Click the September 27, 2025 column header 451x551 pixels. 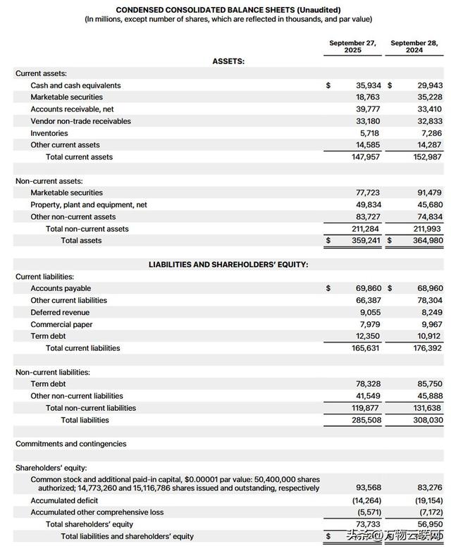[352, 47]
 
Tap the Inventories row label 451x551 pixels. [49, 133]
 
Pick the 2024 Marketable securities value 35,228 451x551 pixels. [429, 97]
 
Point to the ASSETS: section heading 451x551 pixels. [228, 61]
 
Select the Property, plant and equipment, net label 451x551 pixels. [89, 204]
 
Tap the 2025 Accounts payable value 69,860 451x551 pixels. [366, 288]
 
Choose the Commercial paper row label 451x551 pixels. [61, 324]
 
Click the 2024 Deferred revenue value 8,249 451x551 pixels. [431, 312]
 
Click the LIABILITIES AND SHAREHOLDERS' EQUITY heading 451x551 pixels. [228, 264]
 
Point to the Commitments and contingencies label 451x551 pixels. [71, 444]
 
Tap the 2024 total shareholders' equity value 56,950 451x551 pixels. [429, 524]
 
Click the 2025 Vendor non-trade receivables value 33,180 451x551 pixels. [366, 121]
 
